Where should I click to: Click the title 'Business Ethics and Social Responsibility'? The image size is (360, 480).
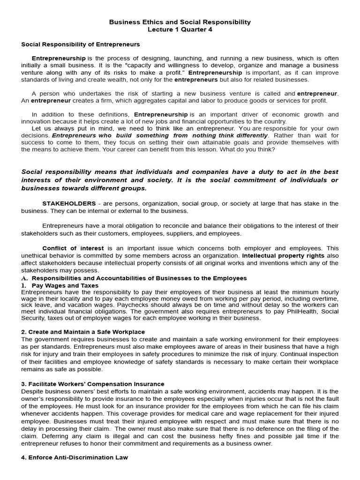coord(180,22)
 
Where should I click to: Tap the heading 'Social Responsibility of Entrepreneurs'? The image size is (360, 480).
coord(81,45)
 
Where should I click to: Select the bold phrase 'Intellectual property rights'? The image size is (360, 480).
coord(283,255)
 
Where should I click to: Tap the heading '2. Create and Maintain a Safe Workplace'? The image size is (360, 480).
coord(83,332)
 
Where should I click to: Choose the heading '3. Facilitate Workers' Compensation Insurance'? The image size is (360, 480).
coord(93,384)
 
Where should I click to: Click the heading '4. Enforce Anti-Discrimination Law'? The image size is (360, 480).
coord(75,457)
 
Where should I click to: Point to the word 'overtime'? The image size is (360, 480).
coord(323,298)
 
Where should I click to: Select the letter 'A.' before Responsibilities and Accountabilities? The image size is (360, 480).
coord(25,278)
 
